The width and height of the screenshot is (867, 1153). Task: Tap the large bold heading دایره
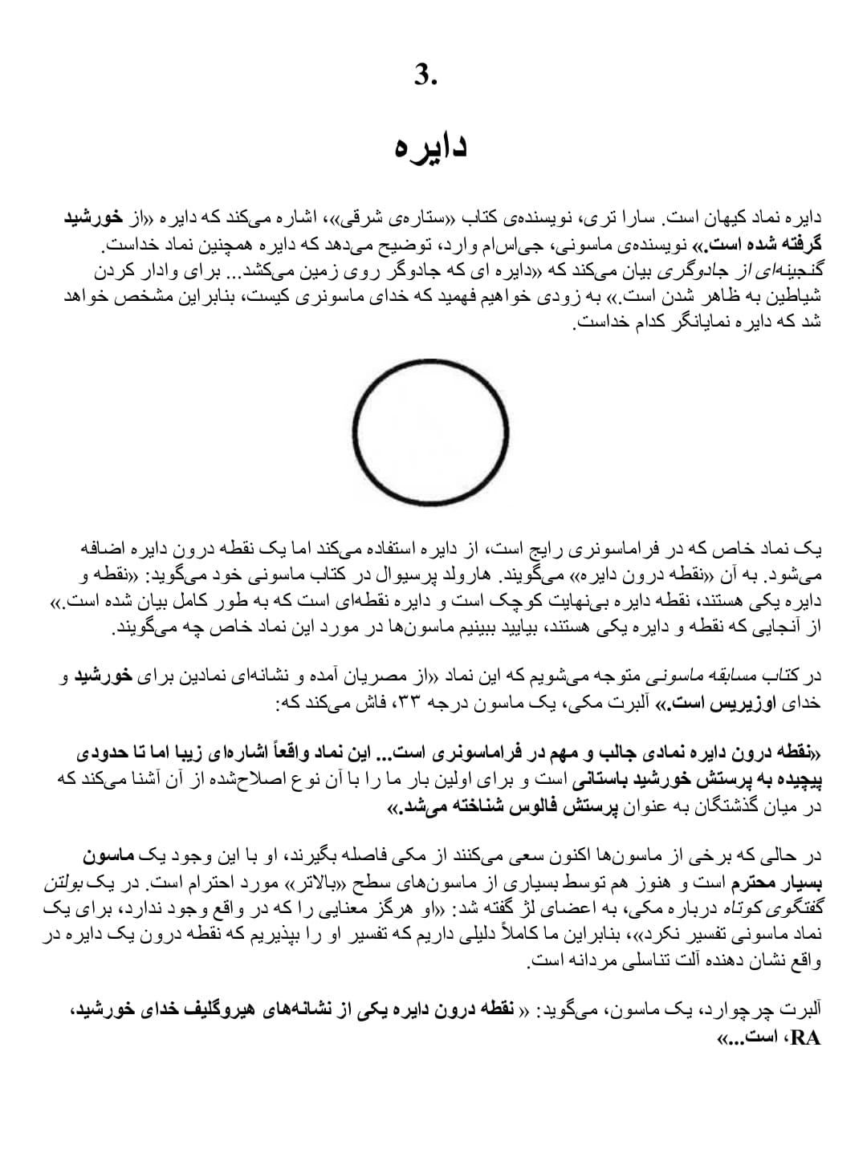(x=431, y=146)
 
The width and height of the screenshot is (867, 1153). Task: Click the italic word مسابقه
(x=745, y=677)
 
